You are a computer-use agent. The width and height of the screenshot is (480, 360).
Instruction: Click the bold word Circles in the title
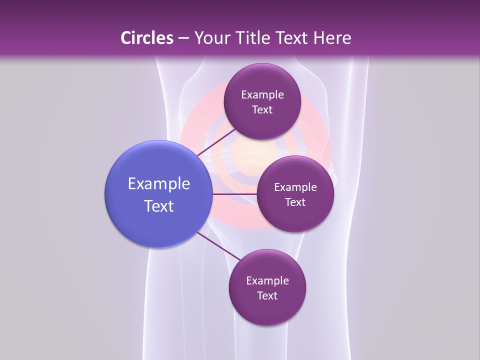[x=147, y=38]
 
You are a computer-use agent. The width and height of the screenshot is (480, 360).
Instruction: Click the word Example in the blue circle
[x=159, y=184]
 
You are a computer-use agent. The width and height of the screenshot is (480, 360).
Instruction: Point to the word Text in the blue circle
[x=159, y=206]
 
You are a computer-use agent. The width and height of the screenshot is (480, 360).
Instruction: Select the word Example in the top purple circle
[x=262, y=95]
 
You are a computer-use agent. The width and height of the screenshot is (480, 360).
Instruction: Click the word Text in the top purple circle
[x=262, y=110]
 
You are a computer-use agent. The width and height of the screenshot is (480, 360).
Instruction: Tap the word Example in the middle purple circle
[x=295, y=187]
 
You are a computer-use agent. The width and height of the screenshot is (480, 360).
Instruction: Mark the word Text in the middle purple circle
[x=295, y=202]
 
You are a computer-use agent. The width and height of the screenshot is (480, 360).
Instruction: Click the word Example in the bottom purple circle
[x=267, y=281]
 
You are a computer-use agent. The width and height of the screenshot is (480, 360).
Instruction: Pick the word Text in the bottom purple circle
[x=267, y=296]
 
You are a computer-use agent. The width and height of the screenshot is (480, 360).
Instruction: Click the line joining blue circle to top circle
[x=216, y=142]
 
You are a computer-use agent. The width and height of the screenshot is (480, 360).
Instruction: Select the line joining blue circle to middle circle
[x=234, y=194]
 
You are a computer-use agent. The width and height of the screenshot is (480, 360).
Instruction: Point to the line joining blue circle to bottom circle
[x=218, y=245]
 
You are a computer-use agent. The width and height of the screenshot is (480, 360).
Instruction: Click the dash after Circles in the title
[x=183, y=38]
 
